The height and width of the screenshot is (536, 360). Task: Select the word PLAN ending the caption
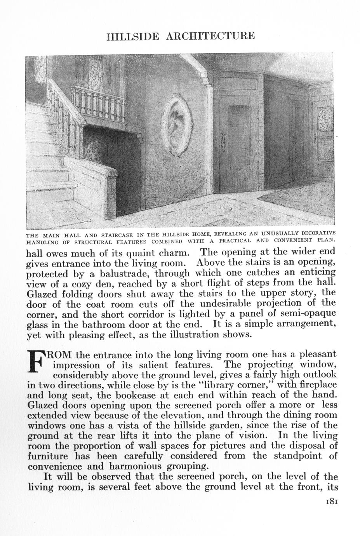tap(325, 239)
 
